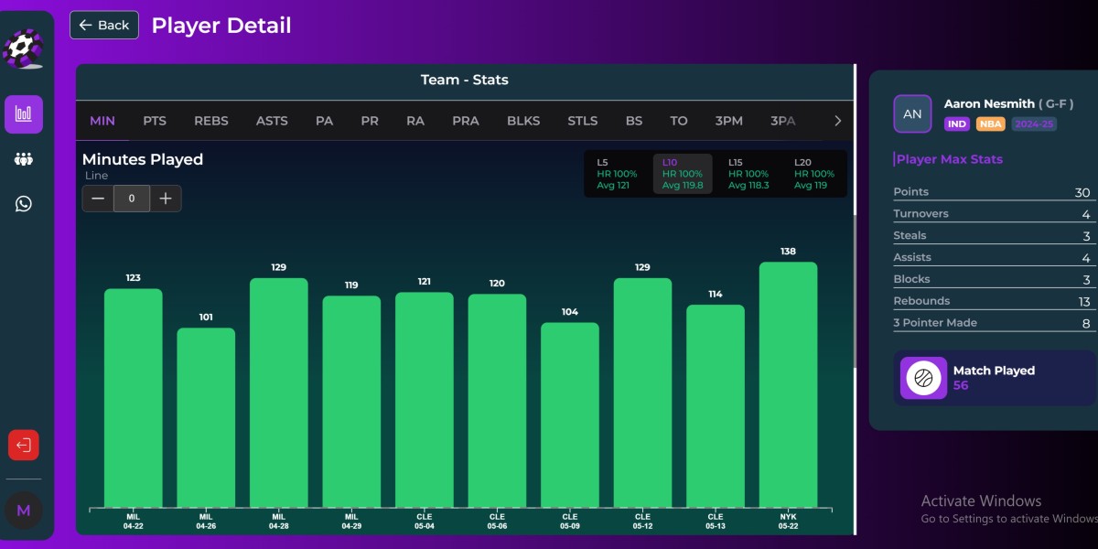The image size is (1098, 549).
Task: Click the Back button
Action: [104, 25]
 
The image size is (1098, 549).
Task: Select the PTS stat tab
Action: [155, 121]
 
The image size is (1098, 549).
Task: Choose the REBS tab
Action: [211, 121]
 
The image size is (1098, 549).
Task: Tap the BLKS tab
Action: [523, 121]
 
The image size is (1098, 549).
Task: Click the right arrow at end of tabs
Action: [837, 121]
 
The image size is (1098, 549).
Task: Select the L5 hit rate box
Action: [617, 174]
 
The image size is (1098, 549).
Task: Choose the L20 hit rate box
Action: [814, 174]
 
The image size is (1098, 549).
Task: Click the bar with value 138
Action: [788, 384]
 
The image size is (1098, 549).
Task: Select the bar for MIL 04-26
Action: [206, 416]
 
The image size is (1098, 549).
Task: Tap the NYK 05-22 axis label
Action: [788, 522]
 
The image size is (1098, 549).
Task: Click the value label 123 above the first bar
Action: [133, 277]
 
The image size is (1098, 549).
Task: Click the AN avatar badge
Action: [912, 113]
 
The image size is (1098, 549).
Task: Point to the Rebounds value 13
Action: [1083, 301]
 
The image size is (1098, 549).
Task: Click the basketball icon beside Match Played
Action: [923, 378]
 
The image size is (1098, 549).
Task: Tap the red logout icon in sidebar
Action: [24, 446]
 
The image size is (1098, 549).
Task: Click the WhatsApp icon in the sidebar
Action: [24, 203]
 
